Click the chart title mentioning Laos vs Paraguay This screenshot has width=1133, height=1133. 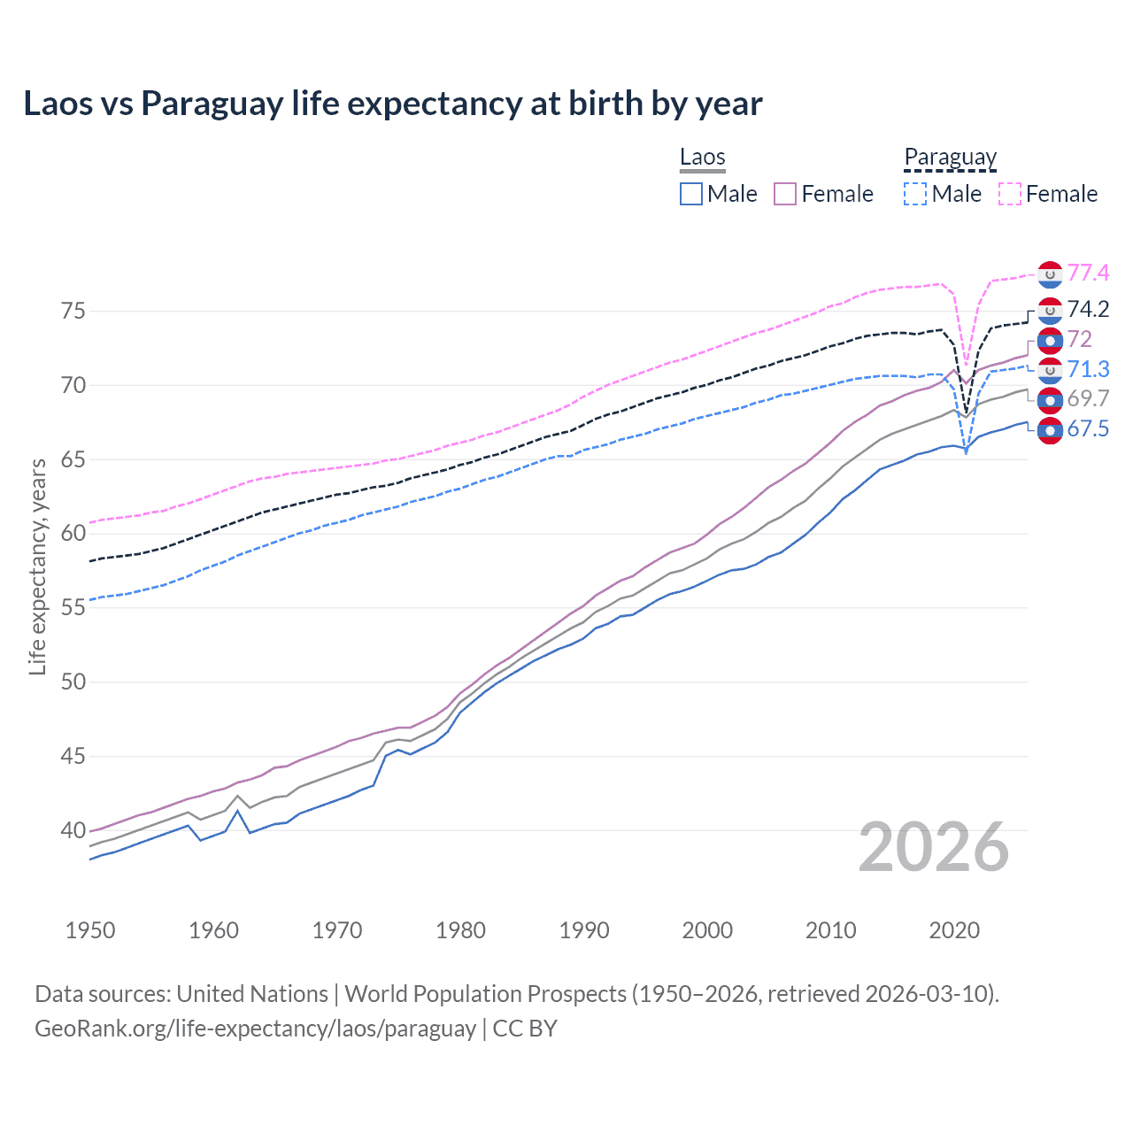point(392,104)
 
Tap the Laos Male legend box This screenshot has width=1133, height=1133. point(691,194)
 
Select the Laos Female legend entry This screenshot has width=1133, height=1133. point(823,194)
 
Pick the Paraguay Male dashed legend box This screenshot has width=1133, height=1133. point(916,194)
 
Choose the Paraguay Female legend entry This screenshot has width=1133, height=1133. point(1048,194)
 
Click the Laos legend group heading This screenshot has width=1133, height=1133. point(702,158)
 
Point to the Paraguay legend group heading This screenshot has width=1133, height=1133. point(950,158)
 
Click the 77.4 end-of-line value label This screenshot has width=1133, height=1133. point(1088,273)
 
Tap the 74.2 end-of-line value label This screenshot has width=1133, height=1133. point(1088,309)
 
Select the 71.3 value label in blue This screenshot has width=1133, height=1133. point(1088,369)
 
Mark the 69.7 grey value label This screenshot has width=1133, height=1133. point(1088,398)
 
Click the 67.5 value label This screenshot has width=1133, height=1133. point(1088,429)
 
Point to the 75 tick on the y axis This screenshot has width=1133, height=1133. point(73,311)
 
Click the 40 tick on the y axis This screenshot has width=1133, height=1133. point(73,830)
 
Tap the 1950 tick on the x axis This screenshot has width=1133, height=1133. point(90,930)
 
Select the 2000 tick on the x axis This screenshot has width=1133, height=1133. point(707,930)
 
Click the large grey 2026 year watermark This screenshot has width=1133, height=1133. point(934,847)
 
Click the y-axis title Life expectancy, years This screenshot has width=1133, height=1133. point(37,566)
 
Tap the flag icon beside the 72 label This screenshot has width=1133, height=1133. point(1050,340)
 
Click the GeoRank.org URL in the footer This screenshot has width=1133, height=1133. point(255,1029)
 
